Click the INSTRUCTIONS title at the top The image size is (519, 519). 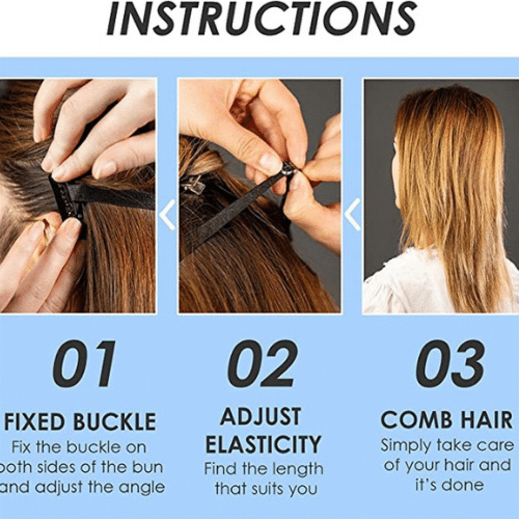(x=261, y=19)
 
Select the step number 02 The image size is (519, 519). (x=262, y=363)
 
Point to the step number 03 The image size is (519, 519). (x=449, y=363)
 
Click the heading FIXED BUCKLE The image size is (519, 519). (x=80, y=421)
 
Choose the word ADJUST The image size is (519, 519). (x=261, y=416)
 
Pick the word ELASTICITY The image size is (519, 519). (x=263, y=444)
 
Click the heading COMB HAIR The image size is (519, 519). (x=446, y=420)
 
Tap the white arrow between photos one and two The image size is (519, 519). (x=167, y=215)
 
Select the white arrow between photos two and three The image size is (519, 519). (x=352, y=215)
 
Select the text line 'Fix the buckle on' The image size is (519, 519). (x=79, y=447)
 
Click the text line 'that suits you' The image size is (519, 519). (x=266, y=489)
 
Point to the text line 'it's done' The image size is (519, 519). (x=449, y=485)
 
